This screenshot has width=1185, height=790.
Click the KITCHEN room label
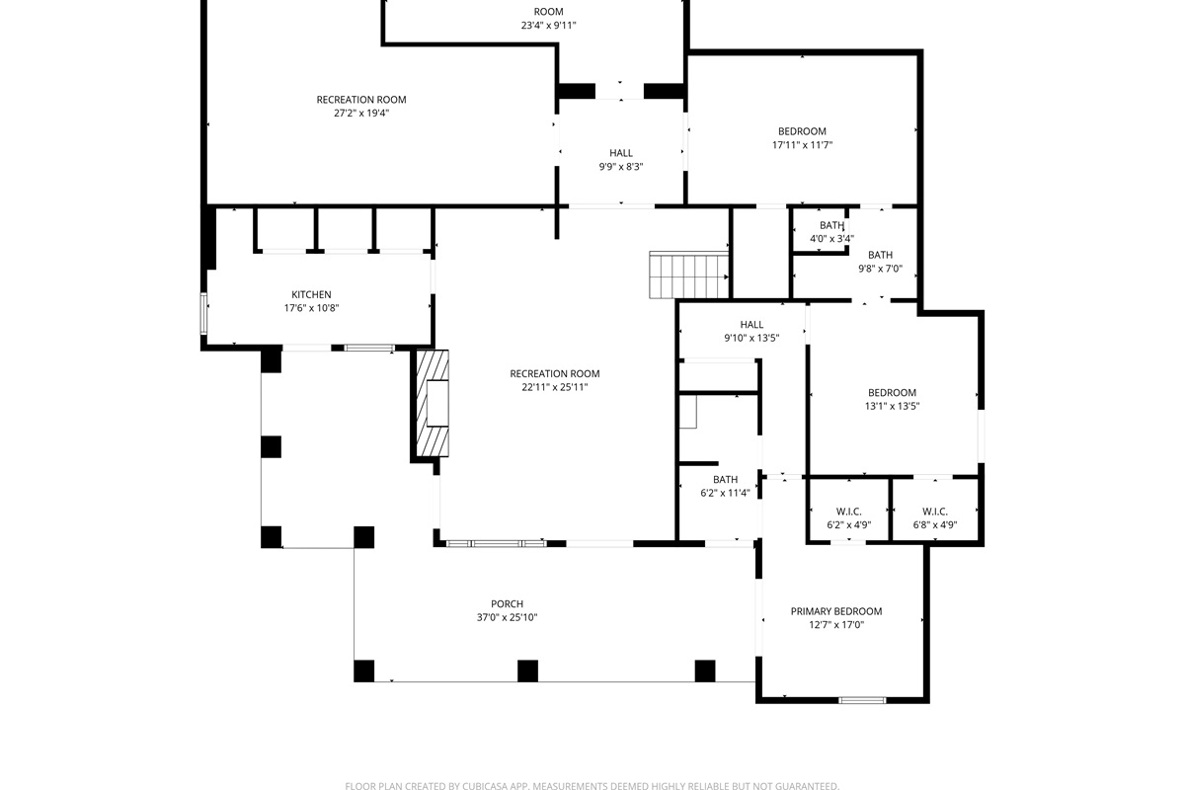311,294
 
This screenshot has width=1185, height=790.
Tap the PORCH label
507,603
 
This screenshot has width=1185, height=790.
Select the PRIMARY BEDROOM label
836,611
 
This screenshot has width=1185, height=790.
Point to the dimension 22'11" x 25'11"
554,387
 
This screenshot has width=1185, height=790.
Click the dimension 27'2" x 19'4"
361,114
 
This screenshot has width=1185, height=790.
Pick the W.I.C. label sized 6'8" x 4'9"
935,512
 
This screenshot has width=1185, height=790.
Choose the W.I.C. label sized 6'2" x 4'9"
848,512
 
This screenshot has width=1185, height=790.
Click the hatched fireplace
433,403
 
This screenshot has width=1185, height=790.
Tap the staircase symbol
689,276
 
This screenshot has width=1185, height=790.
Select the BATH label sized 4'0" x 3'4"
831,225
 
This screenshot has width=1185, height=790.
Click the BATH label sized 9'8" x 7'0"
880,255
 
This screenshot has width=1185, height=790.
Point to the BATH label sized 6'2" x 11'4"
725,479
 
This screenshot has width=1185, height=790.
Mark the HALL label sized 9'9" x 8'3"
621,153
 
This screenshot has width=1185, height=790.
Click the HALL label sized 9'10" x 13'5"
751,324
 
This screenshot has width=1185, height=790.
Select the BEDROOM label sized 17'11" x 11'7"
802,131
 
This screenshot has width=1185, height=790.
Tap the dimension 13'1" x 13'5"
892,407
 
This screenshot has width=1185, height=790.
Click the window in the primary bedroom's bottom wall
862,700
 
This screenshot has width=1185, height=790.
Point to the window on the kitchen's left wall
203,314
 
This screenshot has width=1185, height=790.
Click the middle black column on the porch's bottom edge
527,671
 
